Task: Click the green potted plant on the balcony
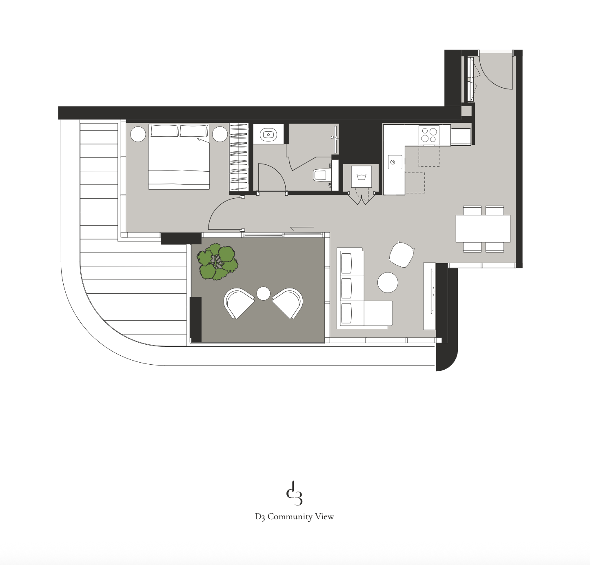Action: click(217, 262)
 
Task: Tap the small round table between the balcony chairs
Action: click(263, 293)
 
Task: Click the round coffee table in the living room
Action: click(388, 282)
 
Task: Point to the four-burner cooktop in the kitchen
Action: click(429, 135)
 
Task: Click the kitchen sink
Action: click(395, 162)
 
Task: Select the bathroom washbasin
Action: click(268, 134)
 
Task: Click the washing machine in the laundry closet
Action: click(362, 176)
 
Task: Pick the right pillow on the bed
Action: click(194, 131)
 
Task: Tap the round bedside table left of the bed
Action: click(138, 134)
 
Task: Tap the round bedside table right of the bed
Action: click(220, 134)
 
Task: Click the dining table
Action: click(483, 228)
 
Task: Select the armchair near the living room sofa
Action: click(402, 254)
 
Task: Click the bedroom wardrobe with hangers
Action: click(239, 157)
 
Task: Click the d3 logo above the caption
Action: click(295, 493)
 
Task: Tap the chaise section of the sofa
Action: click(378, 313)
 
